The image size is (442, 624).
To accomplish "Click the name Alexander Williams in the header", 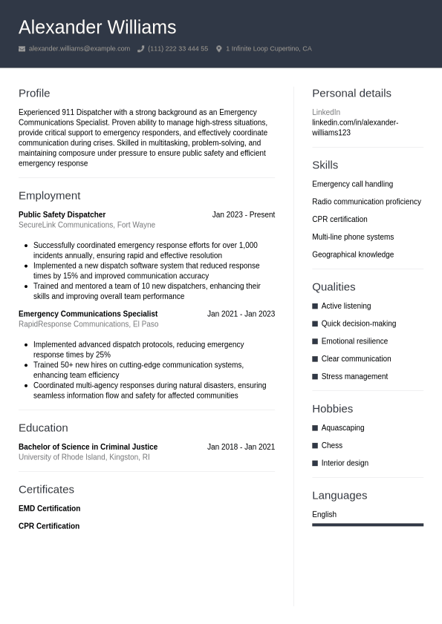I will click(x=97, y=27).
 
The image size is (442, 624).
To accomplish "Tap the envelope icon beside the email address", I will click(x=22, y=49).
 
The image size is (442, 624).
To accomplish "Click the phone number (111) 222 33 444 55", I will click(x=178, y=49).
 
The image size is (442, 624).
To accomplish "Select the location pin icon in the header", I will click(x=219, y=49).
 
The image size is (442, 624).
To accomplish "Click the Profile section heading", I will click(x=34, y=93).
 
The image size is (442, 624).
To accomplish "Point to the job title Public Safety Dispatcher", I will click(x=62, y=214).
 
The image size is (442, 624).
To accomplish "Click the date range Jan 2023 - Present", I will click(x=243, y=214).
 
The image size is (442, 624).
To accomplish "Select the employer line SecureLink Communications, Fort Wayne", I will click(x=87, y=225).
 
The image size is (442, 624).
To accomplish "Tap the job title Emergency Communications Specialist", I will click(x=88, y=314).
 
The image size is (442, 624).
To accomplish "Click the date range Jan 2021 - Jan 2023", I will click(x=241, y=314).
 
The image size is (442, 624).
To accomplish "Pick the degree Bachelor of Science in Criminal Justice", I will click(x=88, y=447).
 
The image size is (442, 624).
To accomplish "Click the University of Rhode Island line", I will click(x=84, y=457).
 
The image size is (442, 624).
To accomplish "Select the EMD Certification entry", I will click(x=49, y=508).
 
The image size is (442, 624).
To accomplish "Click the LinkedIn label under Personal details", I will click(x=326, y=112).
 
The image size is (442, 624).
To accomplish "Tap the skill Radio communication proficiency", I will click(x=366, y=202).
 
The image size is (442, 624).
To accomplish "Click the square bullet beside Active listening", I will click(x=315, y=306).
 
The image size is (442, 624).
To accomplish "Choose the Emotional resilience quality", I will click(x=354, y=341).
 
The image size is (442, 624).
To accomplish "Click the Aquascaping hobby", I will click(x=342, y=428).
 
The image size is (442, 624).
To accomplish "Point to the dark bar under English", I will click(x=368, y=525).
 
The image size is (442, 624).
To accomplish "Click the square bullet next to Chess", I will click(x=315, y=446).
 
